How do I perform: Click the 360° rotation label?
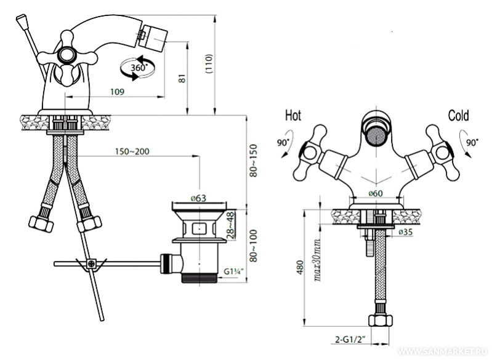click(139, 68)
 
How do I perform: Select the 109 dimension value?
click(118, 92)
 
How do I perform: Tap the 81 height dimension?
click(182, 78)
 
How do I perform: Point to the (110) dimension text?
click(209, 64)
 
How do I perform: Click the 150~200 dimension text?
click(132, 151)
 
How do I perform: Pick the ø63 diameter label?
click(199, 198)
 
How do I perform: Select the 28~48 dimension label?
click(231, 225)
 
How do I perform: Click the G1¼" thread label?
click(234, 271)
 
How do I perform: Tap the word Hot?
click(293, 116)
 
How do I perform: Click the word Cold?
click(458, 116)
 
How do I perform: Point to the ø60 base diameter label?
click(376, 193)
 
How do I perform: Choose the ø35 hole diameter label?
click(406, 232)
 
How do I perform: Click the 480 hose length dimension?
click(300, 267)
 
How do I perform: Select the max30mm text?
click(317, 260)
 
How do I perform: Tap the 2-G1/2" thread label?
click(351, 339)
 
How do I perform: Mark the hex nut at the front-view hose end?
click(381, 321)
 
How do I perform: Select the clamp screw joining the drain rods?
click(92, 263)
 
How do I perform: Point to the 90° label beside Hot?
click(283, 143)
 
